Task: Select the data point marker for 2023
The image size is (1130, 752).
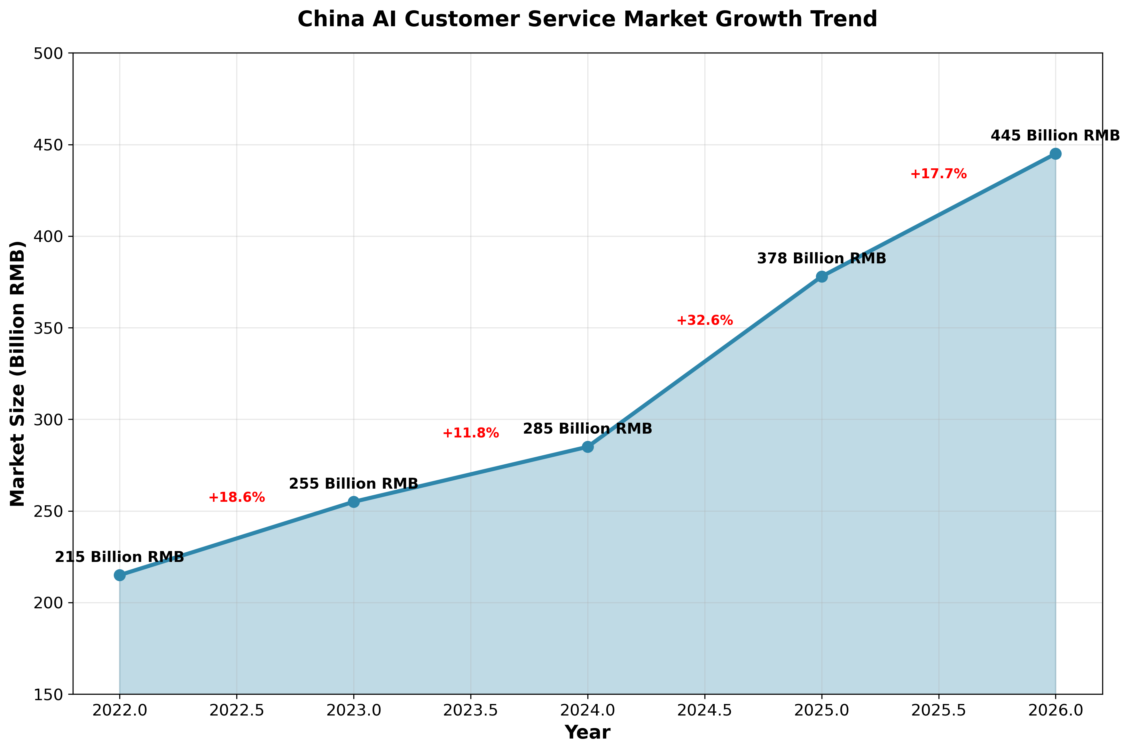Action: tap(354, 502)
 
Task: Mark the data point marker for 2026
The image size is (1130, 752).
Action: tap(1055, 154)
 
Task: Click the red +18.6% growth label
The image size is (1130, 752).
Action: tap(237, 497)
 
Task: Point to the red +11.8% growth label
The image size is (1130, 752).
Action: tap(471, 433)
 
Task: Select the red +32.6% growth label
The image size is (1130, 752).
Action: tap(704, 320)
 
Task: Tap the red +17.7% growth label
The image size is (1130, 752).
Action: tap(938, 174)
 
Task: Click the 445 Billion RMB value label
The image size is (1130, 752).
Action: tap(1055, 136)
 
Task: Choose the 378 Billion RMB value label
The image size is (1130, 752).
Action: tap(821, 259)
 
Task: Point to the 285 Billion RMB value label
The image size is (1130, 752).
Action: tap(587, 429)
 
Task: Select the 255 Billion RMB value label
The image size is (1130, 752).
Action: tap(354, 484)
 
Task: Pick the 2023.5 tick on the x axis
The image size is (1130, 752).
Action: tap(471, 710)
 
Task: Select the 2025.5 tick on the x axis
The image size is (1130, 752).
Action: tap(938, 710)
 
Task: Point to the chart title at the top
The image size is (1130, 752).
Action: tap(587, 19)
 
